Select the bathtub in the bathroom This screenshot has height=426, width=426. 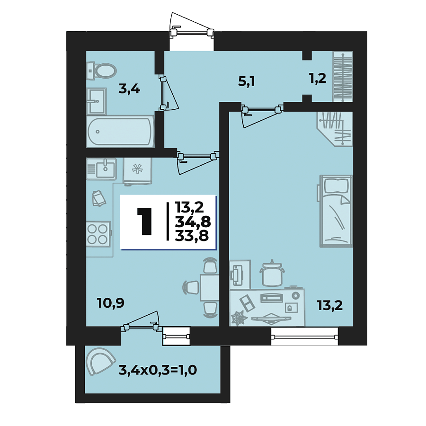click(120, 132)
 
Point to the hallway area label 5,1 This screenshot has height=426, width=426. click(246, 81)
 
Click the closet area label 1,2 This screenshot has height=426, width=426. click(318, 79)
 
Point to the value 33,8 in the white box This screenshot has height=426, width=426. click(192, 235)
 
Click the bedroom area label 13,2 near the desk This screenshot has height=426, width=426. click(330, 305)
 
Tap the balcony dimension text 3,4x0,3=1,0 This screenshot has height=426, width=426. click(157, 369)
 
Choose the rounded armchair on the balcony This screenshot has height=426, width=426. click(100, 362)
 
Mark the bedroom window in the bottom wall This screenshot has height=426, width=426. click(304, 337)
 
